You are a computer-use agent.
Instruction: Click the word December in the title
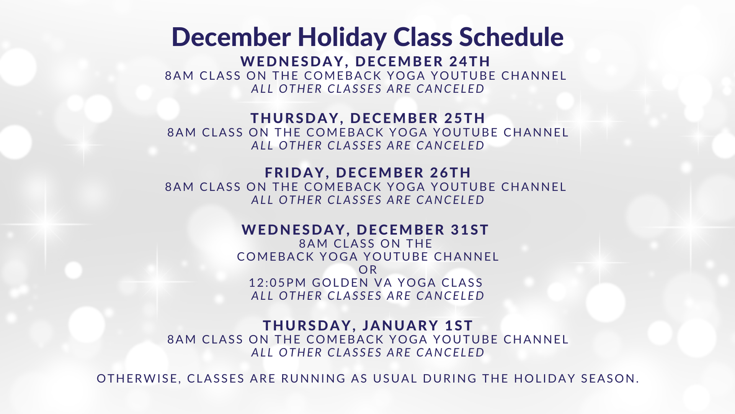pyautogui.click(x=231, y=37)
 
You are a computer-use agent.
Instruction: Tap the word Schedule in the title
pyautogui.click(x=511, y=37)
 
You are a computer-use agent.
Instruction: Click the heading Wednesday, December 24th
pyautogui.click(x=366, y=62)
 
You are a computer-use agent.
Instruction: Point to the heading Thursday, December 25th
pyautogui.click(x=368, y=118)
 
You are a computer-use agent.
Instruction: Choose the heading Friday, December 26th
pyautogui.click(x=368, y=173)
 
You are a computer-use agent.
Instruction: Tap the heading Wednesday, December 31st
pyautogui.click(x=366, y=230)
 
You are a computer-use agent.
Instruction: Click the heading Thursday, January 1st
pyautogui.click(x=368, y=326)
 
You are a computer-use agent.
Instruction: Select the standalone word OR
pyautogui.click(x=368, y=270)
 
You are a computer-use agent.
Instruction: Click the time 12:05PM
pyautogui.click(x=278, y=283)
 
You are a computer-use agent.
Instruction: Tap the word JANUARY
pyautogui.click(x=400, y=326)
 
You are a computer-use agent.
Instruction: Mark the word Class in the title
pyautogui.click(x=423, y=37)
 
